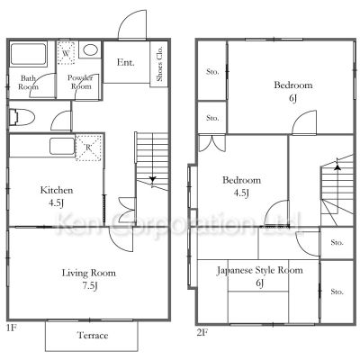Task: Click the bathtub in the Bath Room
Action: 29,54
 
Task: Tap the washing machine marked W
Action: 66,53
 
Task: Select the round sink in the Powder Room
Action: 90,49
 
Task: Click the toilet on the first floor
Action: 22,117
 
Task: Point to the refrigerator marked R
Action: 88,148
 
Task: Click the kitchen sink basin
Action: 62,146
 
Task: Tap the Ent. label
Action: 126,62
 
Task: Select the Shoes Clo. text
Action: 159,64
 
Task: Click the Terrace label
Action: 93,335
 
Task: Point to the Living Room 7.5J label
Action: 89,279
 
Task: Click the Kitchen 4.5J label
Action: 57,196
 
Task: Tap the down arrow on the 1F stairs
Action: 153,180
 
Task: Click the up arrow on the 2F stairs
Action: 337,167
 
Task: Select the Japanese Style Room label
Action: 260,270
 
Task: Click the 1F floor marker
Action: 12,328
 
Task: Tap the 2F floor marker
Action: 202,333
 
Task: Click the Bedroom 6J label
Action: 293,91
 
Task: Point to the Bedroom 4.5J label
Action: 241,186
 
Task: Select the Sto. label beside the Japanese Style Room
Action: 337,292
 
